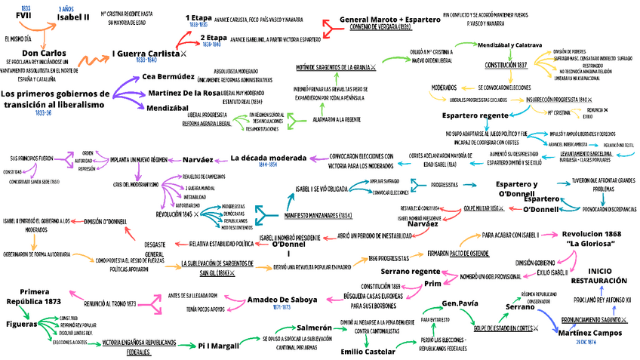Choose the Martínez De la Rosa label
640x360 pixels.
(183, 92)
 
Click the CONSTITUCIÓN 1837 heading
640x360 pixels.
(506, 66)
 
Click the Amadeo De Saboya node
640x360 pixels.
(282, 300)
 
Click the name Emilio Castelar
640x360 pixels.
(368, 351)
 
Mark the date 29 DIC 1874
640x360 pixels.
(587, 342)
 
